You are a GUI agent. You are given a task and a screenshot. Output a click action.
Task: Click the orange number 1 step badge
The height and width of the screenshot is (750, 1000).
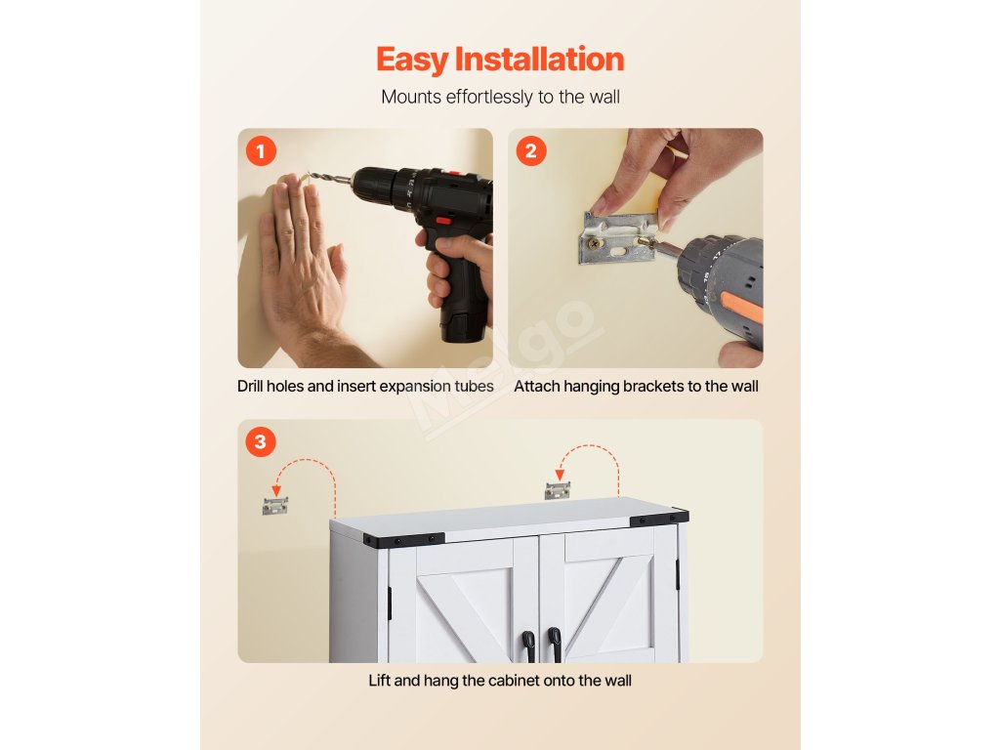tap(261, 151)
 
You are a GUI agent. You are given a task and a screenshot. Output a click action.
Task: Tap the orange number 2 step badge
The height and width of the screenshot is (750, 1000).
tap(531, 151)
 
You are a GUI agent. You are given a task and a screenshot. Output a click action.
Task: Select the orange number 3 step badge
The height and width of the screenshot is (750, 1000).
tap(260, 441)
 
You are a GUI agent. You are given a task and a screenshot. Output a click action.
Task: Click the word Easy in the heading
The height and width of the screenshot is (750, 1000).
tap(412, 60)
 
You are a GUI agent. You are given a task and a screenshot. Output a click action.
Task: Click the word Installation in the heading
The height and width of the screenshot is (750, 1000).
tap(539, 59)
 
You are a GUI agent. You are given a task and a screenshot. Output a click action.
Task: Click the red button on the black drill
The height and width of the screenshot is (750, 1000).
tap(443, 221)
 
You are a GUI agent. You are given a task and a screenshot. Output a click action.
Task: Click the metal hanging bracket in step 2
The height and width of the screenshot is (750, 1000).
tap(617, 238)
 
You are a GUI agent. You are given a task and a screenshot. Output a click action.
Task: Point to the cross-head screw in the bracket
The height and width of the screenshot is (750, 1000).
tap(595, 243)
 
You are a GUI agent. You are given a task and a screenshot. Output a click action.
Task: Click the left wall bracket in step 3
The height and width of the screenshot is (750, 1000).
tap(274, 506)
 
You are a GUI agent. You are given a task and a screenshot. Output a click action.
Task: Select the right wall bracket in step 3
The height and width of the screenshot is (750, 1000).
tap(558, 490)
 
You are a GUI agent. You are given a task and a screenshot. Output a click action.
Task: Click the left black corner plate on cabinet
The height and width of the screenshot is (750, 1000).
tap(403, 539)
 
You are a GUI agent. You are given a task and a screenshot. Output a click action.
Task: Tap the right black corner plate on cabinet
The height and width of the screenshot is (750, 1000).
tap(659, 518)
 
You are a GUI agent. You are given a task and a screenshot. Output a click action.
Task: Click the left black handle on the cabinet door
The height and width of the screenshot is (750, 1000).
tap(528, 646)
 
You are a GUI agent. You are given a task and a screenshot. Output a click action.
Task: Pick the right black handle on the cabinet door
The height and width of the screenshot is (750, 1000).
tap(556, 645)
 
